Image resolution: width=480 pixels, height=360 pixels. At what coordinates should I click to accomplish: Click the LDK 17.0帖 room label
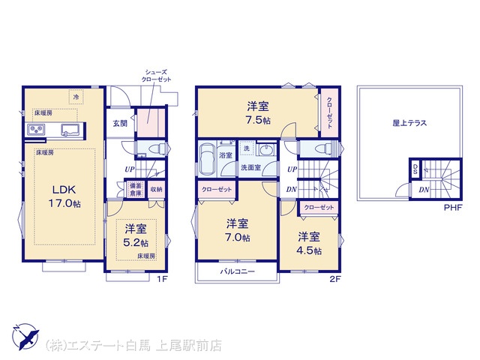click(x=64, y=196)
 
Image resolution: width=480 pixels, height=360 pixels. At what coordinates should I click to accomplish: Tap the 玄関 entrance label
click(x=120, y=124)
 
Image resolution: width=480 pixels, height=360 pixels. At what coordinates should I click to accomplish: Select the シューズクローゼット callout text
click(x=156, y=76)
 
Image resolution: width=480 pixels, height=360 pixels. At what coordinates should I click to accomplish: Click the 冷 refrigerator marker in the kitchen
click(x=76, y=97)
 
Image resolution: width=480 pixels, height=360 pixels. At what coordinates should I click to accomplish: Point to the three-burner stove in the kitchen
click(x=36, y=130)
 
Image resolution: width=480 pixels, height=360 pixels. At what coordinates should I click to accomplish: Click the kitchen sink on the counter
click(x=70, y=130)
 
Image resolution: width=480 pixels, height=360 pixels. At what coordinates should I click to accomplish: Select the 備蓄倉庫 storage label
click(x=136, y=190)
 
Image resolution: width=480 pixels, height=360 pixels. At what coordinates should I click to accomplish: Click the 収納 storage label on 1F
click(x=156, y=190)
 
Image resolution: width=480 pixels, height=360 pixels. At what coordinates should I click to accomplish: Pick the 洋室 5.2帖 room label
click(x=136, y=235)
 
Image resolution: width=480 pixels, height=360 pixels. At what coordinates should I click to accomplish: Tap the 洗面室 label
click(x=250, y=167)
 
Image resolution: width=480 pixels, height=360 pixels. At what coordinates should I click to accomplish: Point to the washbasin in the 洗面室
click(x=265, y=150)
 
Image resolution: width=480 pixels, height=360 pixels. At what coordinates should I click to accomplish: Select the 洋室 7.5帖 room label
click(x=258, y=113)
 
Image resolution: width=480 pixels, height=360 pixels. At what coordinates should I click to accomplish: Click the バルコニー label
click(x=238, y=271)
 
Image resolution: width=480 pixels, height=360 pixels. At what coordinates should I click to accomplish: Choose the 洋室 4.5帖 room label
click(x=309, y=244)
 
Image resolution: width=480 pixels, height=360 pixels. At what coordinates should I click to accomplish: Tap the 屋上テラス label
click(x=409, y=123)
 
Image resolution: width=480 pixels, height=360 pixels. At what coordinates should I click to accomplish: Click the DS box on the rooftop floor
click(x=415, y=169)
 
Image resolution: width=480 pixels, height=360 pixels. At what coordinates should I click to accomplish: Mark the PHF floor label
click(x=453, y=208)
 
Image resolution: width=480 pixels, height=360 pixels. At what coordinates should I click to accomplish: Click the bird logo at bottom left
click(x=25, y=337)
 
